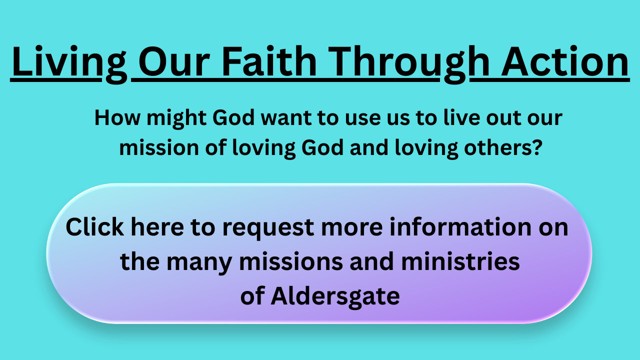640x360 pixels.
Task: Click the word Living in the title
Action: (69, 63)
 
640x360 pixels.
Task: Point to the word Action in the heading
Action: (564, 61)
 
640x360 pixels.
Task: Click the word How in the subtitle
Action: (117, 117)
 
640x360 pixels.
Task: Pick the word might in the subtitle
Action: (176, 119)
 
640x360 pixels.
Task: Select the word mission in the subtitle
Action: (159, 148)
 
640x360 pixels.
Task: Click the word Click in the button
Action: (95, 227)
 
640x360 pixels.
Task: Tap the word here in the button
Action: (157, 227)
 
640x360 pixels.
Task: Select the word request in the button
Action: (268, 229)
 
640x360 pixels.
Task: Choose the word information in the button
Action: (460, 227)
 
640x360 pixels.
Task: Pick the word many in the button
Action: (199, 263)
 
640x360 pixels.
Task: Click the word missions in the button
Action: (291, 261)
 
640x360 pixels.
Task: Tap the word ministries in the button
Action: (460, 261)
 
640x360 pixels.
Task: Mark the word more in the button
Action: (351, 228)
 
